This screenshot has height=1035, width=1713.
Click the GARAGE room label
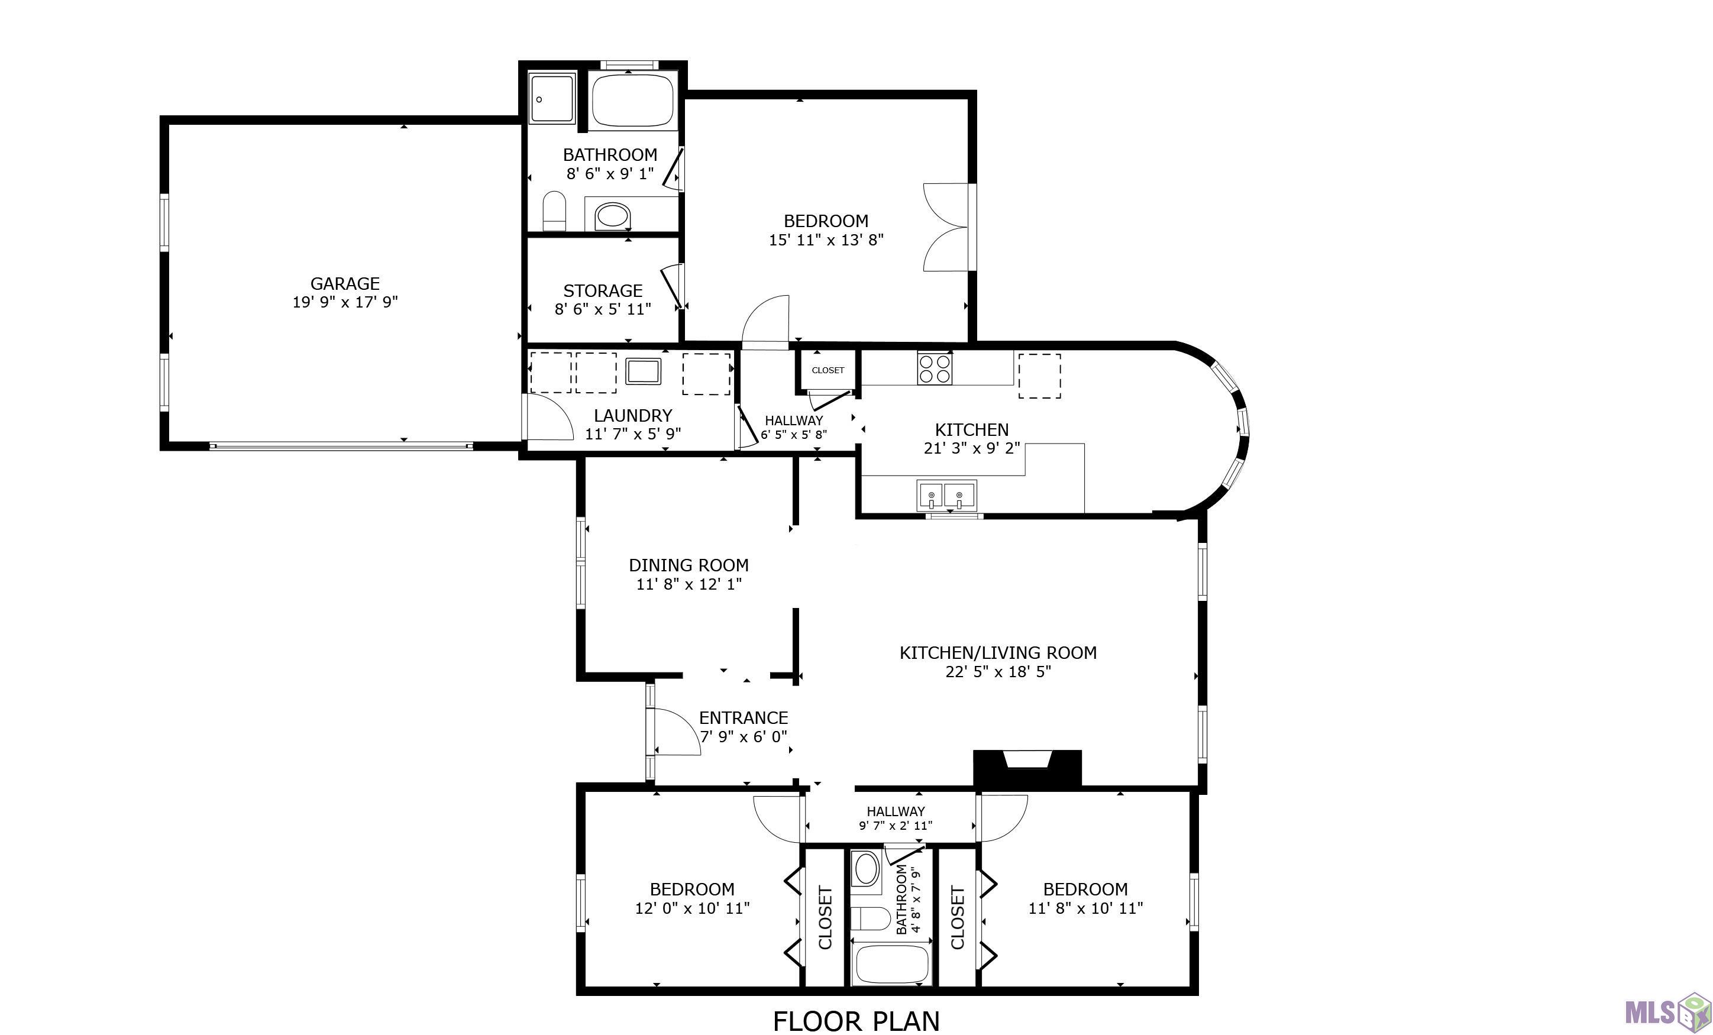pyautogui.click(x=345, y=284)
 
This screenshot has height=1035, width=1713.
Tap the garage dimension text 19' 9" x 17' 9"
pyautogui.click(x=345, y=302)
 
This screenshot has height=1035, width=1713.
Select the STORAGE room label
pyautogui.click(x=603, y=290)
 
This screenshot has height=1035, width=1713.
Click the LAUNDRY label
pyautogui.click(x=633, y=416)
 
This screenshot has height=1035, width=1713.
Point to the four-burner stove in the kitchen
pyautogui.click(x=935, y=368)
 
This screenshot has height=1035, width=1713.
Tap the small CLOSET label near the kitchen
pyautogui.click(x=828, y=370)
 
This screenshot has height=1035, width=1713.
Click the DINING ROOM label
pyautogui.click(x=689, y=565)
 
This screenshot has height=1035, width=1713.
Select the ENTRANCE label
pyautogui.click(x=743, y=718)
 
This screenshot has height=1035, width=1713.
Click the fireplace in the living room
pyautogui.click(x=1027, y=768)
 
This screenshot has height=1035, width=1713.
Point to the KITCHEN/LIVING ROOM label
pyautogui.click(x=998, y=653)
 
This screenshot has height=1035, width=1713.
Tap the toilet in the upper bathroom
pyautogui.click(x=554, y=211)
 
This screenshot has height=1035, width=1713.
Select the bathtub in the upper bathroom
pyautogui.click(x=633, y=99)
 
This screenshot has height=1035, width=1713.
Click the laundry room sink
pyautogui.click(x=643, y=371)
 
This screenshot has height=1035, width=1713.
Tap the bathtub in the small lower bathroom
pyautogui.click(x=891, y=964)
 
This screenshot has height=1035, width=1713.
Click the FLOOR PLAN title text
pyautogui.click(x=856, y=1021)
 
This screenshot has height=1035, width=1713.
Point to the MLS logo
pyautogui.click(x=1666, y=1012)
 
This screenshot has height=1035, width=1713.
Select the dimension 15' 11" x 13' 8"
pyautogui.click(x=826, y=240)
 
